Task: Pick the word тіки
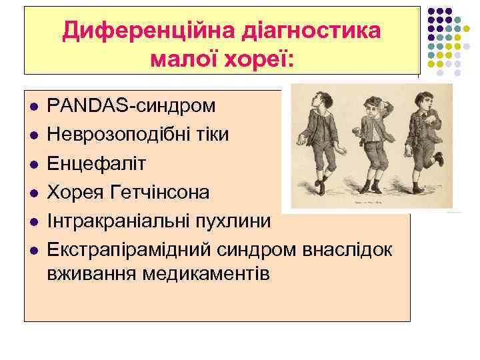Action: tap(211, 135)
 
